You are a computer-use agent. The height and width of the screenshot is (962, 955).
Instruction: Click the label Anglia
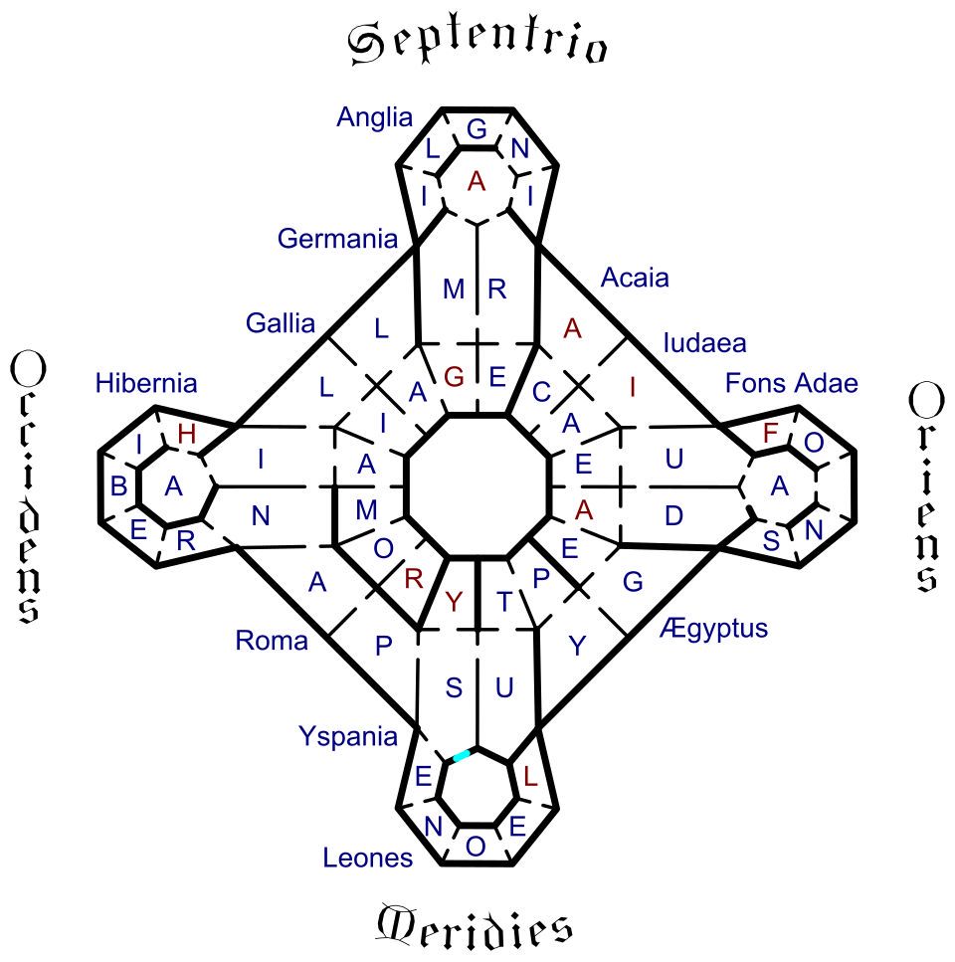coord(374,117)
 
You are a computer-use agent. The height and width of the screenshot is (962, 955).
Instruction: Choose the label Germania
coord(337,239)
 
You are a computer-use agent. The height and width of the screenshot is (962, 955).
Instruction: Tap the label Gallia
coord(281,323)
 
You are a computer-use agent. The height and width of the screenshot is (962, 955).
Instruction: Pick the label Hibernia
coord(146,383)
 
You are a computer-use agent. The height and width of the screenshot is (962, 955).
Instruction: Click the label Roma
coord(272,641)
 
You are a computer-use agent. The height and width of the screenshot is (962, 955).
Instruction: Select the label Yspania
coord(348,736)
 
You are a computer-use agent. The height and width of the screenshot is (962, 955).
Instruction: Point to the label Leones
coord(368,857)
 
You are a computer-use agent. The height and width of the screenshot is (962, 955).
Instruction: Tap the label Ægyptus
coord(713,628)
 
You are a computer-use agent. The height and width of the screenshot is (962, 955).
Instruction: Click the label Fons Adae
coord(792,383)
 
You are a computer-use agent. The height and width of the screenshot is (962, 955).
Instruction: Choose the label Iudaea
coord(704,344)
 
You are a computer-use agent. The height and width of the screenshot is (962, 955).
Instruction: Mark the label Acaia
coord(635,278)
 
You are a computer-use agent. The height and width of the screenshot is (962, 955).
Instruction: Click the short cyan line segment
coord(462,757)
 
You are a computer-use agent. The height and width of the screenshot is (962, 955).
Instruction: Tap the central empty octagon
coord(478,486)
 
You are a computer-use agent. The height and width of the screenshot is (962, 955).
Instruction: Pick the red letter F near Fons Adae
coord(769,434)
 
